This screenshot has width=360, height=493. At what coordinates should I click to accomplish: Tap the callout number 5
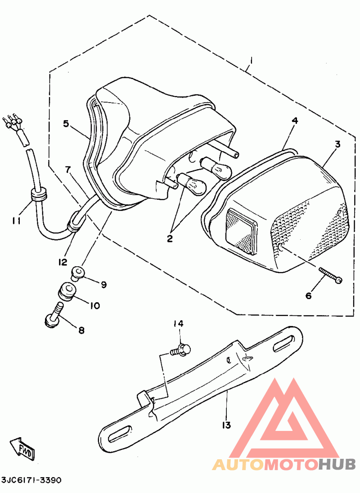[x=66, y=124]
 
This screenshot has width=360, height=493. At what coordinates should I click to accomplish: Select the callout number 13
[x=226, y=426]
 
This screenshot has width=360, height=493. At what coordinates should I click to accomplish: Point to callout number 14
[x=179, y=323]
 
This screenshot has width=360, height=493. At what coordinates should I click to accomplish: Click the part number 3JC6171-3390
[x=31, y=480]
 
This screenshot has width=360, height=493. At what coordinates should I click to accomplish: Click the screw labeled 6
[x=330, y=275]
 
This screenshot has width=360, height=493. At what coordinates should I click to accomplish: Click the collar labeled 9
[x=77, y=272]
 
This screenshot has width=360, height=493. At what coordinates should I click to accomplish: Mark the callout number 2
[x=170, y=238]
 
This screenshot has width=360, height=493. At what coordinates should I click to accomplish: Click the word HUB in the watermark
[x=337, y=464]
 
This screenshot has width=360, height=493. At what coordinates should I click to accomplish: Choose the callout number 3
[x=337, y=144]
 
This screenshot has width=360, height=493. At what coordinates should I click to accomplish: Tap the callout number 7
[x=68, y=169]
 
